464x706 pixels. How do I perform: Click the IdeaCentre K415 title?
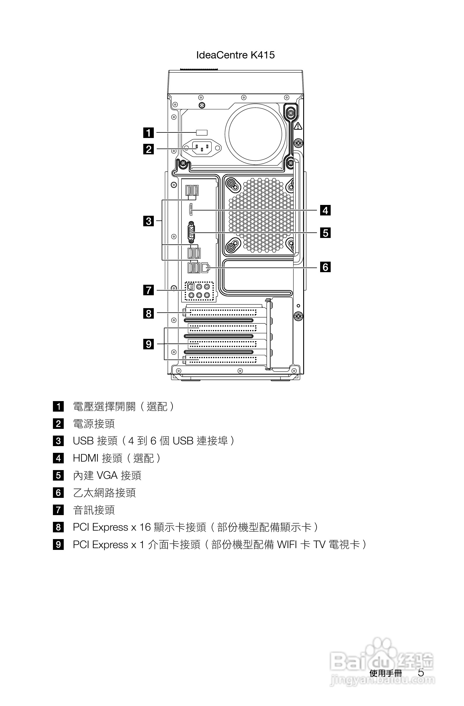[235, 55]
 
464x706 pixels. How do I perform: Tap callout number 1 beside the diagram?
[149, 133]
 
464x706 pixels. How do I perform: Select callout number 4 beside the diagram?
[325, 210]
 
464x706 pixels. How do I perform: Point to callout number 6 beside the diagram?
[325, 267]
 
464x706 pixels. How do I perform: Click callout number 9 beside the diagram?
[149, 344]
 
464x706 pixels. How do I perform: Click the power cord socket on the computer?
[202, 148]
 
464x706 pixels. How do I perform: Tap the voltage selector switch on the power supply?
[202, 133]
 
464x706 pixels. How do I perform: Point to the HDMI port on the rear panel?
[191, 210]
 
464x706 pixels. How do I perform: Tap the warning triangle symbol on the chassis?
[298, 126]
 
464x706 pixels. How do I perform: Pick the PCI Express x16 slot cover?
[222, 312]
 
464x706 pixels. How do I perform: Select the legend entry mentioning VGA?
[107, 476]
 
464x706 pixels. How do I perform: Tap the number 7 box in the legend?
[58, 510]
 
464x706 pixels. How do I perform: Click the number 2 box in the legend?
[58, 424]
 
